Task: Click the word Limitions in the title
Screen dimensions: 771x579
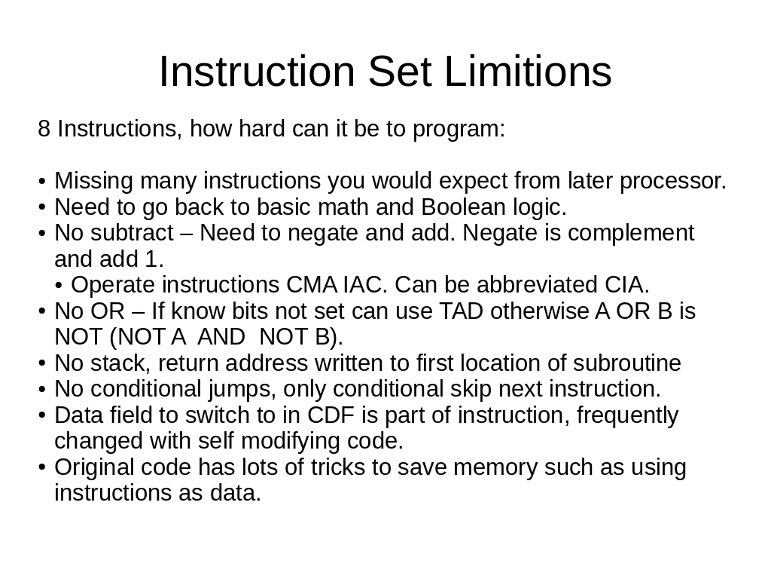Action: point(528,72)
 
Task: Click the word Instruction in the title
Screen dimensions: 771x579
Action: point(257,72)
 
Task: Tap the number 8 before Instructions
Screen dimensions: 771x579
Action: point(44,129)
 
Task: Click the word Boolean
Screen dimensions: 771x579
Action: point(463,207)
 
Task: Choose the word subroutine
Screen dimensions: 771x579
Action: point(627,363)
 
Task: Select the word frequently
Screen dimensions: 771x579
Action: point(627,416)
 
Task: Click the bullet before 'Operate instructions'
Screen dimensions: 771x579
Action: point(59,286)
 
